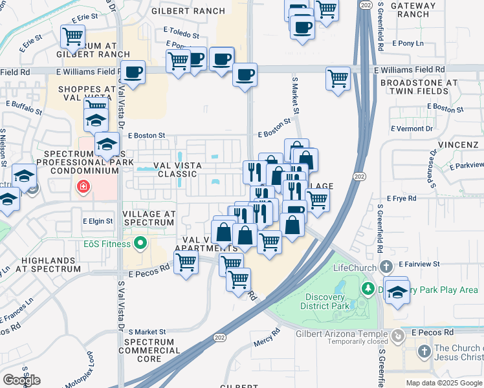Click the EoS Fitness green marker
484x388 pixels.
140,244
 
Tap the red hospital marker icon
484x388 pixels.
83,188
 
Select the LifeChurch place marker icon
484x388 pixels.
386,266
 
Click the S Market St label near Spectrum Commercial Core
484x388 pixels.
147,331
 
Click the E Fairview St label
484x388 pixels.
419,264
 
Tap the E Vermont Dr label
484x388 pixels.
412,129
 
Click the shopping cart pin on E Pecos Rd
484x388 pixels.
186,263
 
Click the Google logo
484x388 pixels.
21,380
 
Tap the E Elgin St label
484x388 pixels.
98,221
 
